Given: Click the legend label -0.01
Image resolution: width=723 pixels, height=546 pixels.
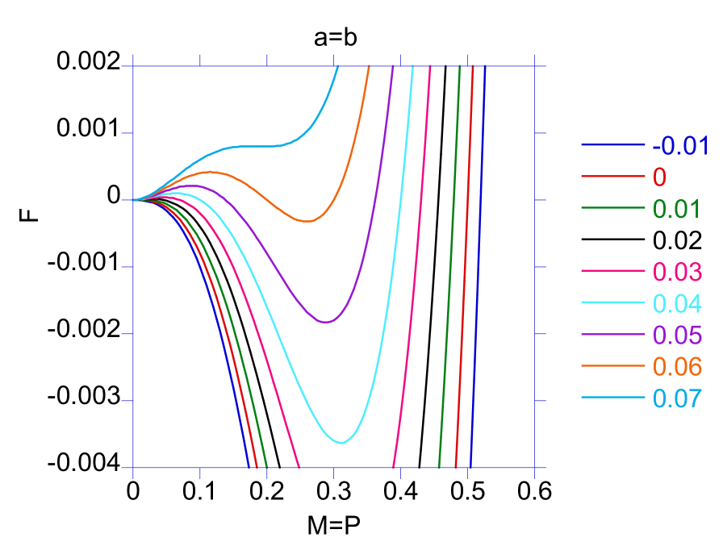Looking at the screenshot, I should pyautogui.click(x=680, y=146).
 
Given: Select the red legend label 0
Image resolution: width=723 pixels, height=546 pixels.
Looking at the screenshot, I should pyautogui.click(x=659, y=177).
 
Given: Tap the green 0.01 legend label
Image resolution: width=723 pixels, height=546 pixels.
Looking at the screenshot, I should pyautogui.click(x=676, y=209).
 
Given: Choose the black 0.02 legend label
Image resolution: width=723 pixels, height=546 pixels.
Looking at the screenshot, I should pyautogui.click(x=676, y=240).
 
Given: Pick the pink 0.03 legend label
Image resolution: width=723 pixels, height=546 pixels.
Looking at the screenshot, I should pyautogui.click(x=676, y=272).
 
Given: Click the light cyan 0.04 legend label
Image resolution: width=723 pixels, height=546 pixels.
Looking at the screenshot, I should pyautogui.click(x=676, y=303).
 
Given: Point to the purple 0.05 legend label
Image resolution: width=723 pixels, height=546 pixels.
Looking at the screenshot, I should pyautogui.click(x=676, y=335).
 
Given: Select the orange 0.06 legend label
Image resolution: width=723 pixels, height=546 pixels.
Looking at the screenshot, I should pyautogui.click(x=676, y=366).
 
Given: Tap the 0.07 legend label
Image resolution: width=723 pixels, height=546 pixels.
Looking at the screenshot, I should pyautogui.click(x=676, y=398).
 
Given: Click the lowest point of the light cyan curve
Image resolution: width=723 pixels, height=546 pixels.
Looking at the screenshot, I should pyautogui.click(x=342, y=442).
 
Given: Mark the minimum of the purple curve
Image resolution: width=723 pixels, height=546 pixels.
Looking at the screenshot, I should pyautogui.click(x=325, y=322).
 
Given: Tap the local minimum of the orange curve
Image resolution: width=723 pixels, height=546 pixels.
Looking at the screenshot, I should pyautogui.click(x=307, y=221).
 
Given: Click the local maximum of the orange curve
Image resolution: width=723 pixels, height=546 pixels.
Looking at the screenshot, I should pyautogui.click(x=210, y=172).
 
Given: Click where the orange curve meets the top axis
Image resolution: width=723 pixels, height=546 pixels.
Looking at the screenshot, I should pyautogui.click(x=369, y=67).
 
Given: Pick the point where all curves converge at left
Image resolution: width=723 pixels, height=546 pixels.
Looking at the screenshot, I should pyautogui.click(x=134, y=200).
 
